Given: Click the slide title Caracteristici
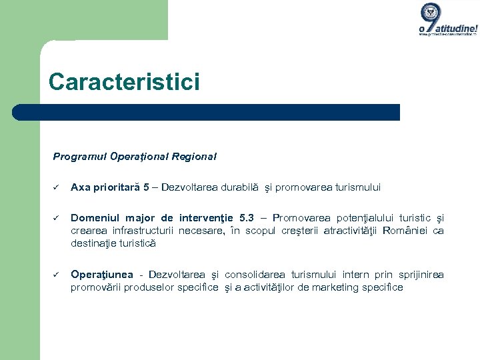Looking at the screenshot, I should click(124, 82).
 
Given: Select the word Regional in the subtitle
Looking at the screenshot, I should click(194, 157).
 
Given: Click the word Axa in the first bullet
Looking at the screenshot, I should click(80, 187).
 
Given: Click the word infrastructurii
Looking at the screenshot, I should click(140, 231).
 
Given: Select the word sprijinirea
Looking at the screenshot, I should click(419, 275).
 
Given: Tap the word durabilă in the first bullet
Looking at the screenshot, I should click(257, 187).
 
